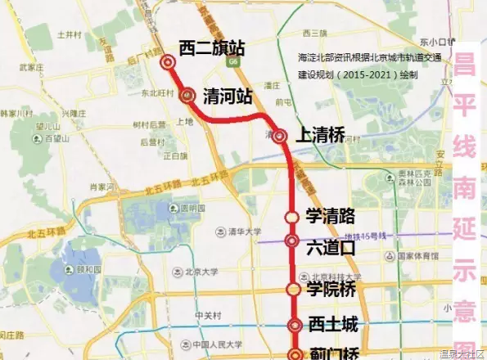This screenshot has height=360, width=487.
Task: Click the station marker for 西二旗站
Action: pyautogui.click(x=169, y=61)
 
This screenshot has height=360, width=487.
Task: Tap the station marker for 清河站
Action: pyautogui.click(x=188, y=95)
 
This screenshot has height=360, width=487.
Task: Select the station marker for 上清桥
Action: pyautogui.click(x=281, y=136)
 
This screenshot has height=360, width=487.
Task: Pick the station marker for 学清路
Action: pyautogui.click(x=292, y=217)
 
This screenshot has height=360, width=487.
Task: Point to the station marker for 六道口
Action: pyautogui.click(x=292, y=241)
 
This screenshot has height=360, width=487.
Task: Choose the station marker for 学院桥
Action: pyautogui.click(x=293, y=289)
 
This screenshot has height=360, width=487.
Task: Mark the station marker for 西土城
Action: pyautogui.click(x=295, y=326)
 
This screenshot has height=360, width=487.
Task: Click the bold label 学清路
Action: pyautogui.click(x=330, y=216)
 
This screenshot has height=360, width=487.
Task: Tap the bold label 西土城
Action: pyautogui.click(x=334, y=325)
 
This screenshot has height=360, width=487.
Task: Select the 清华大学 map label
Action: pyautogui.click(x=245, y=232)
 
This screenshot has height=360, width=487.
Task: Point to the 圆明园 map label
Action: pyautogui.click(x=190, y=208)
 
